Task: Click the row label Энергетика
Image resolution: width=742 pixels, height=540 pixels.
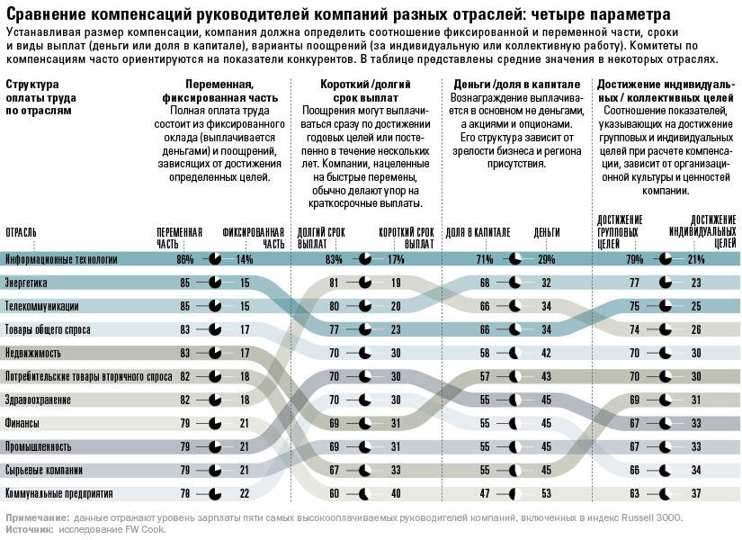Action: point(27,283)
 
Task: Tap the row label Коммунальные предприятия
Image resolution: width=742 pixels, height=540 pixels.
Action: point(59,493)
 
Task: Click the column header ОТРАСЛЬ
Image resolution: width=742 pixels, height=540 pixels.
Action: point(22,232)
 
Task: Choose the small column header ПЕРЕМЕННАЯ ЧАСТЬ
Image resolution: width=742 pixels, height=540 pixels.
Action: point(179,237)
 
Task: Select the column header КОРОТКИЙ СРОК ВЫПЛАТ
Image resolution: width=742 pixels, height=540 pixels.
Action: point(407,237)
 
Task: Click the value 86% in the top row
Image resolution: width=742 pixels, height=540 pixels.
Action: point(185,259)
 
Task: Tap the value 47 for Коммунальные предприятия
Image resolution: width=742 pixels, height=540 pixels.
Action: point(484,493)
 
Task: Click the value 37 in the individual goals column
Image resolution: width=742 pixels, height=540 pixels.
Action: point(694,493)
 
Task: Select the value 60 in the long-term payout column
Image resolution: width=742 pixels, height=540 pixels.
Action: point(334,493)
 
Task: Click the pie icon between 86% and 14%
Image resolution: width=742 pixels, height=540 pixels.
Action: point(214,259)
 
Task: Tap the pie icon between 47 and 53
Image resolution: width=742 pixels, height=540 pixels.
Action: point(514,493)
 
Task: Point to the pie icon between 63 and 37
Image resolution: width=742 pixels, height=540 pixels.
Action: point(666,493)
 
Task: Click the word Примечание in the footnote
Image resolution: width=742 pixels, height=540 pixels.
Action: point(37,517)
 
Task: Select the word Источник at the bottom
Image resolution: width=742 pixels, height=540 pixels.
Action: point(29,529)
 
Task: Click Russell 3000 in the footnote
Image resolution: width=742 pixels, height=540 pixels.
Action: point(651,517)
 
